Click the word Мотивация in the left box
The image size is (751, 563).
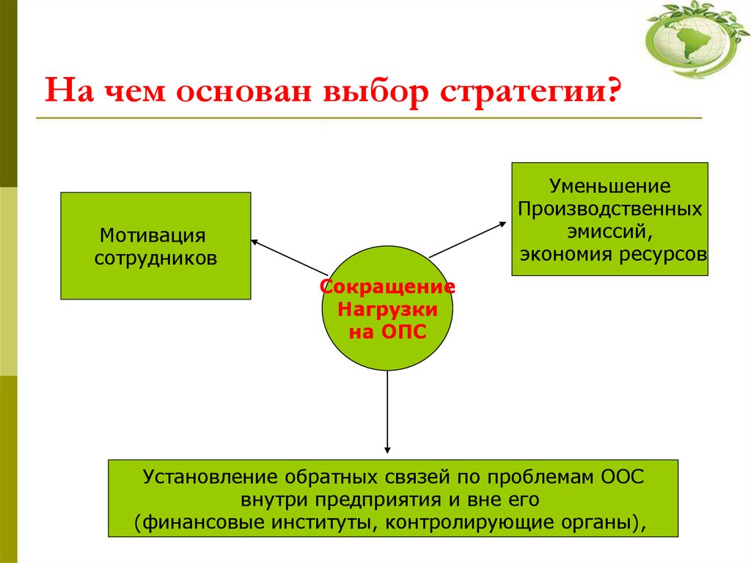[x=152, y=236]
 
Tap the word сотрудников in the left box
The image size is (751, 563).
[x=155, y=259]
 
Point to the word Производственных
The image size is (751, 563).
[x=610, y=209]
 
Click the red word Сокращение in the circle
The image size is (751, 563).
[x=388, y=287]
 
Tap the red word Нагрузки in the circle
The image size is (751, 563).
[x=388, y=310]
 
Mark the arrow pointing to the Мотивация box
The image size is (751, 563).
[x=288, y=256]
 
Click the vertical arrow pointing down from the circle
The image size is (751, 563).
[x=387, y=412]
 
